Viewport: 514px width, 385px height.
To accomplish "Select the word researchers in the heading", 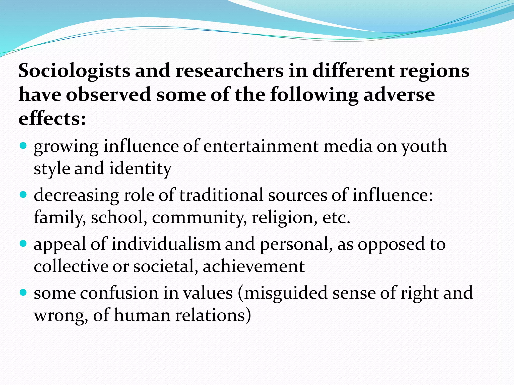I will point(229,71).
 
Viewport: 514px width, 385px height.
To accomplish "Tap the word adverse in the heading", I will point(399,95).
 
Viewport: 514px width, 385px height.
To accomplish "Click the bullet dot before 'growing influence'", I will point(23,145).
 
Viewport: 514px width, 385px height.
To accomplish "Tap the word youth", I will point(424,147).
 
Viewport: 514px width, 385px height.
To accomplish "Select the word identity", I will point(140,169).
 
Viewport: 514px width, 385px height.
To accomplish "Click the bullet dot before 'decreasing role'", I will point(23,194).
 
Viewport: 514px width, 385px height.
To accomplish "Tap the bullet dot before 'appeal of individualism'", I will point(23,243).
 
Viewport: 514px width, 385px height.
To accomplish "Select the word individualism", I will point(166,244).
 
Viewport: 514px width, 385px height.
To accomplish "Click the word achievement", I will point(254,266).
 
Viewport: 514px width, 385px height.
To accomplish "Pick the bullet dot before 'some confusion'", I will point(23,292).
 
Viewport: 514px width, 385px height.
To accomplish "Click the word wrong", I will point(61,315).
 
